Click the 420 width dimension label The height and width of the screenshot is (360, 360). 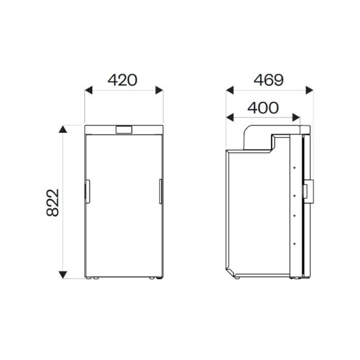122,80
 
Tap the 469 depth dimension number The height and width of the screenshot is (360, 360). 268,80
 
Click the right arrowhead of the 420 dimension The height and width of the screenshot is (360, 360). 159,90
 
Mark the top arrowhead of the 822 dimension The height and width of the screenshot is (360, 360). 64,130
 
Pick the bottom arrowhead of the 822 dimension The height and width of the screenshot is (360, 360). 64,274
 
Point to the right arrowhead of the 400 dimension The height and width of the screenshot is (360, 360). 297,117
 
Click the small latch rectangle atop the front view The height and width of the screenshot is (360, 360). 124,130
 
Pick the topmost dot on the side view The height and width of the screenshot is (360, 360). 293,165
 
